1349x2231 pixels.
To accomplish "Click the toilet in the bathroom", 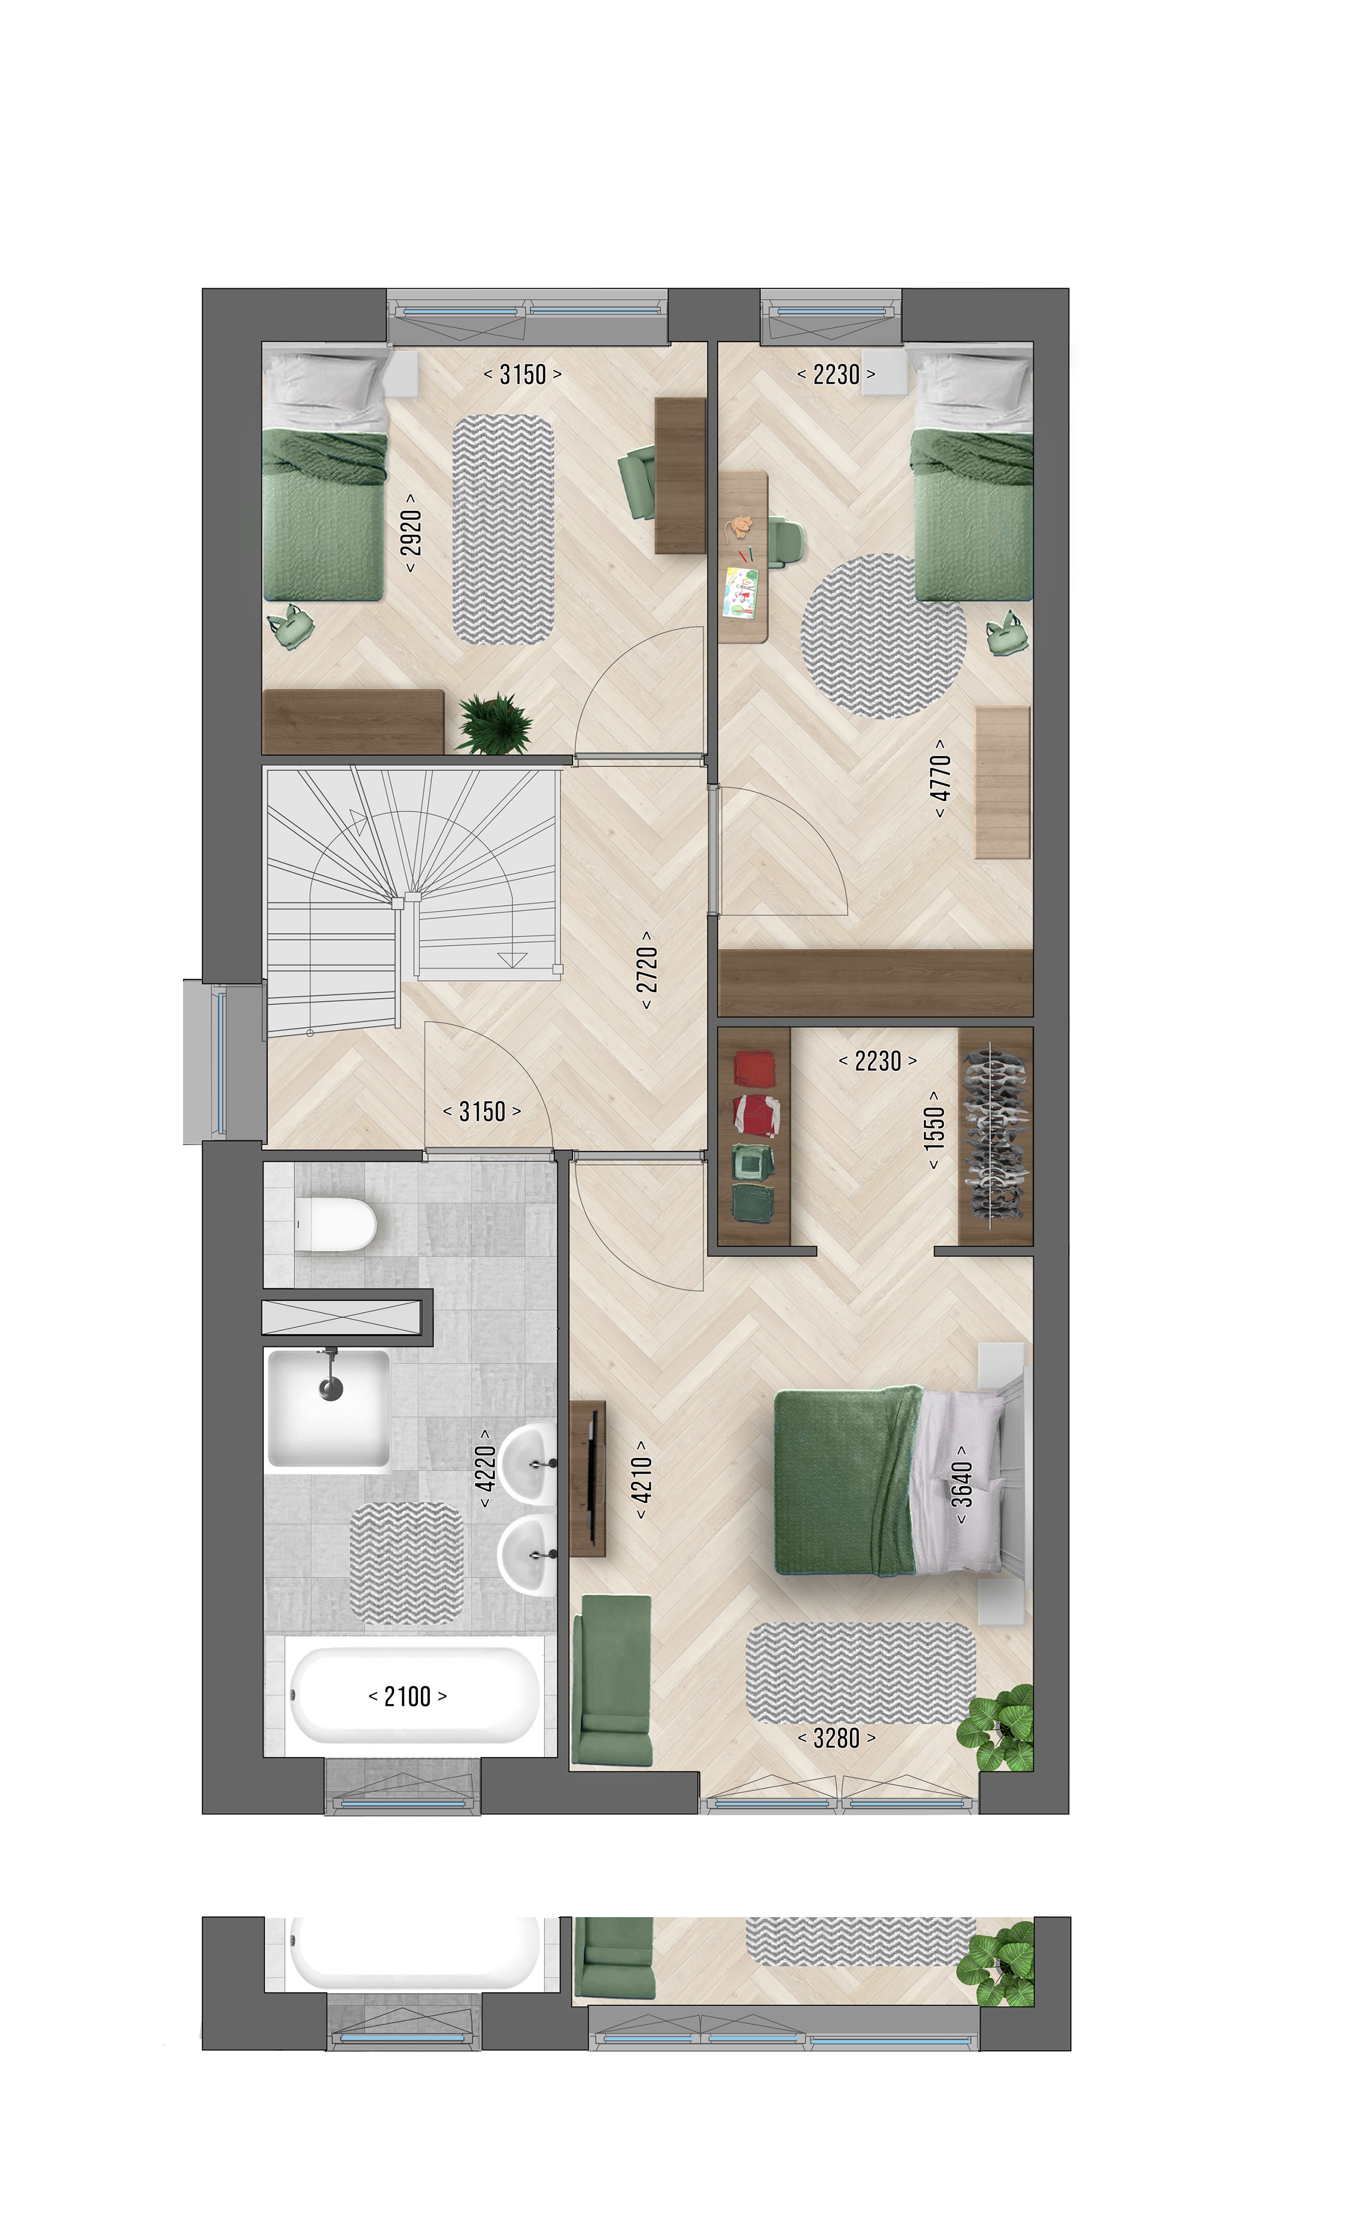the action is click(335, 1224).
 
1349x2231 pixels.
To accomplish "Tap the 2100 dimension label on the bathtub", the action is click(408, 1696).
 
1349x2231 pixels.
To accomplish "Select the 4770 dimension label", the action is click(941, 778).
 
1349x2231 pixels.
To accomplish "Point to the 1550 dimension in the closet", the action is click(934, 1129).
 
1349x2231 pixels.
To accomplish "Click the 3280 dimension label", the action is click(837, 1737).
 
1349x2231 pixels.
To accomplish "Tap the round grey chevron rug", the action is click(883, 636).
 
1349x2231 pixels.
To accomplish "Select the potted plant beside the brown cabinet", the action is click(494, 723).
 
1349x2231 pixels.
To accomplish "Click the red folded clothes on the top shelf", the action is click(754, 1068).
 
